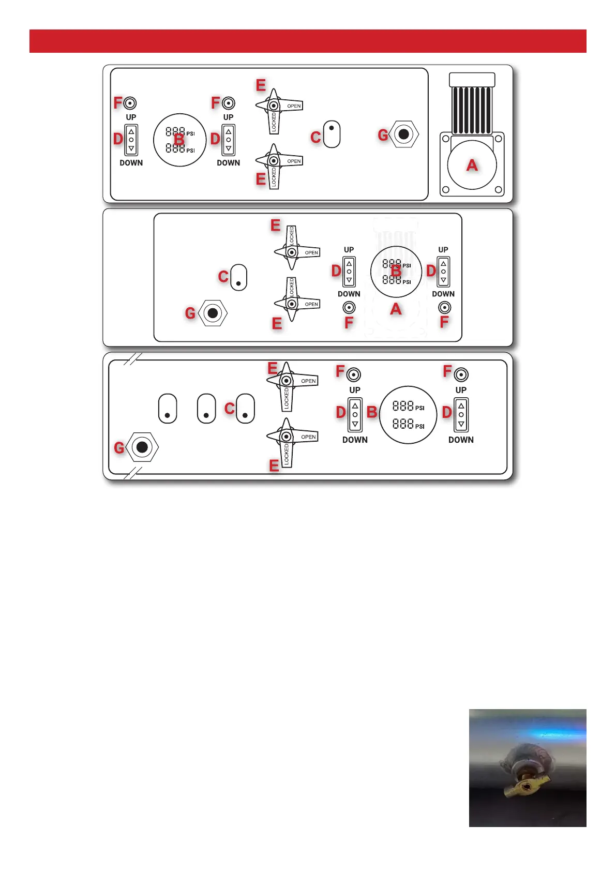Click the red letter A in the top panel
[x=472, y=165]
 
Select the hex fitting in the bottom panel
[x=142, y=447]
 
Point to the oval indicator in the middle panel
[x=238, y=278]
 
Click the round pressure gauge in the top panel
[x=180, y=140]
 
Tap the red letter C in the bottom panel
[x=230, y=409]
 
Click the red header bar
[x=308, y=41]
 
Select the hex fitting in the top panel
[x=403, y=134]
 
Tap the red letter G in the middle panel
[x=190, y=313]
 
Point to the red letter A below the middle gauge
[x=396, y=309]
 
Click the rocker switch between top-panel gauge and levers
[x=229, y=140]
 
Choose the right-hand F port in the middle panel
[x=444, y=308]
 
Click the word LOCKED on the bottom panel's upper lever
[x=287, y=399]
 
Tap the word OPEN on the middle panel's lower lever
[x=311, y=304]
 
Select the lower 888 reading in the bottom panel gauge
[x=403, y=424]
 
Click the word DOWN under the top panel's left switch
[x=131, y=163]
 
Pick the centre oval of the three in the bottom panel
[x=206, y=409]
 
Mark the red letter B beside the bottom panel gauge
[x=372, y=412]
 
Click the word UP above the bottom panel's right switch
[x=461, y=390]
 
